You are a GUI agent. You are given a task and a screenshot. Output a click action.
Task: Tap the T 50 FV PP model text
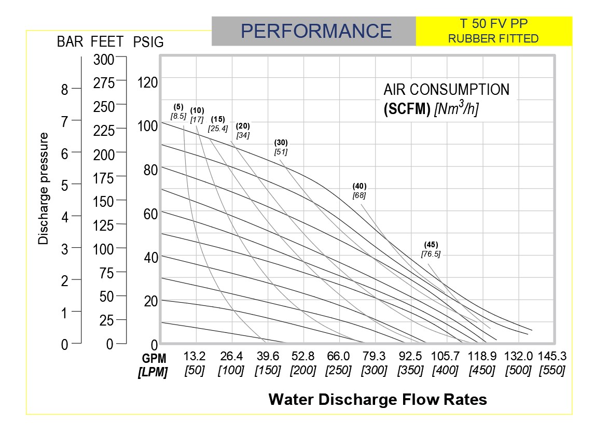pyautogui.click(x=493, y=24)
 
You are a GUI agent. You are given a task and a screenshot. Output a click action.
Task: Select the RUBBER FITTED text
pyautogui.click(x=493, y=38)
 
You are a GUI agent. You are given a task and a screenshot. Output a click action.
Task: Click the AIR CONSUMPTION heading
pyautogui.click(x=447, y=90)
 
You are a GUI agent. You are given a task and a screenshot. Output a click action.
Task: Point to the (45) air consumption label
pyautogui.click(x=431, y=244)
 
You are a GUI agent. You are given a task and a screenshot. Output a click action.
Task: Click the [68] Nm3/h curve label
pyautogui.click(x=359, y=195)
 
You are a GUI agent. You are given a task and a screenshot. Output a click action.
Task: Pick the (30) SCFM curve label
pyautogui.click(x=281, y=143)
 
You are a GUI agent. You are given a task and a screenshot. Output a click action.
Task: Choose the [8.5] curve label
pyautogui.click(x=178, y=116)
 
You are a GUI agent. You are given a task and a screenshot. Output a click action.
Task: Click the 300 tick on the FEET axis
pyautogui.click(x=104, y=60)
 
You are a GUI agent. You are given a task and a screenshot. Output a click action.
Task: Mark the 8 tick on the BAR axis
pyautogui.click(x=65, y=90)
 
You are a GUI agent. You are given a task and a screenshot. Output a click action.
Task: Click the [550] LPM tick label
pyautogui.click(x=552, y=371)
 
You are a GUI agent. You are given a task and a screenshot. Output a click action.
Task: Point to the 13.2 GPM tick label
pyautogui.click(x=195, y=357)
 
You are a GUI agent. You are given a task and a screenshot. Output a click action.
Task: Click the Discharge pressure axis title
pyautogui.click(x=44, y=189)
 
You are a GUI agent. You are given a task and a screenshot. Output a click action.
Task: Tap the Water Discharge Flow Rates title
pyautogui.click(x=378, y=400)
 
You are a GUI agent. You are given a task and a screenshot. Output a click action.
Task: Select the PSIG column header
pyautogui.click(x=148, y=43)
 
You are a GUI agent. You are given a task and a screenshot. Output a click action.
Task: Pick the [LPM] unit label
pyautogui.click(x=153, y=372)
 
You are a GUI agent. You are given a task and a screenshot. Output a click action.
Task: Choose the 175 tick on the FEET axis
pyautogui.click(x=104, y=178)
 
